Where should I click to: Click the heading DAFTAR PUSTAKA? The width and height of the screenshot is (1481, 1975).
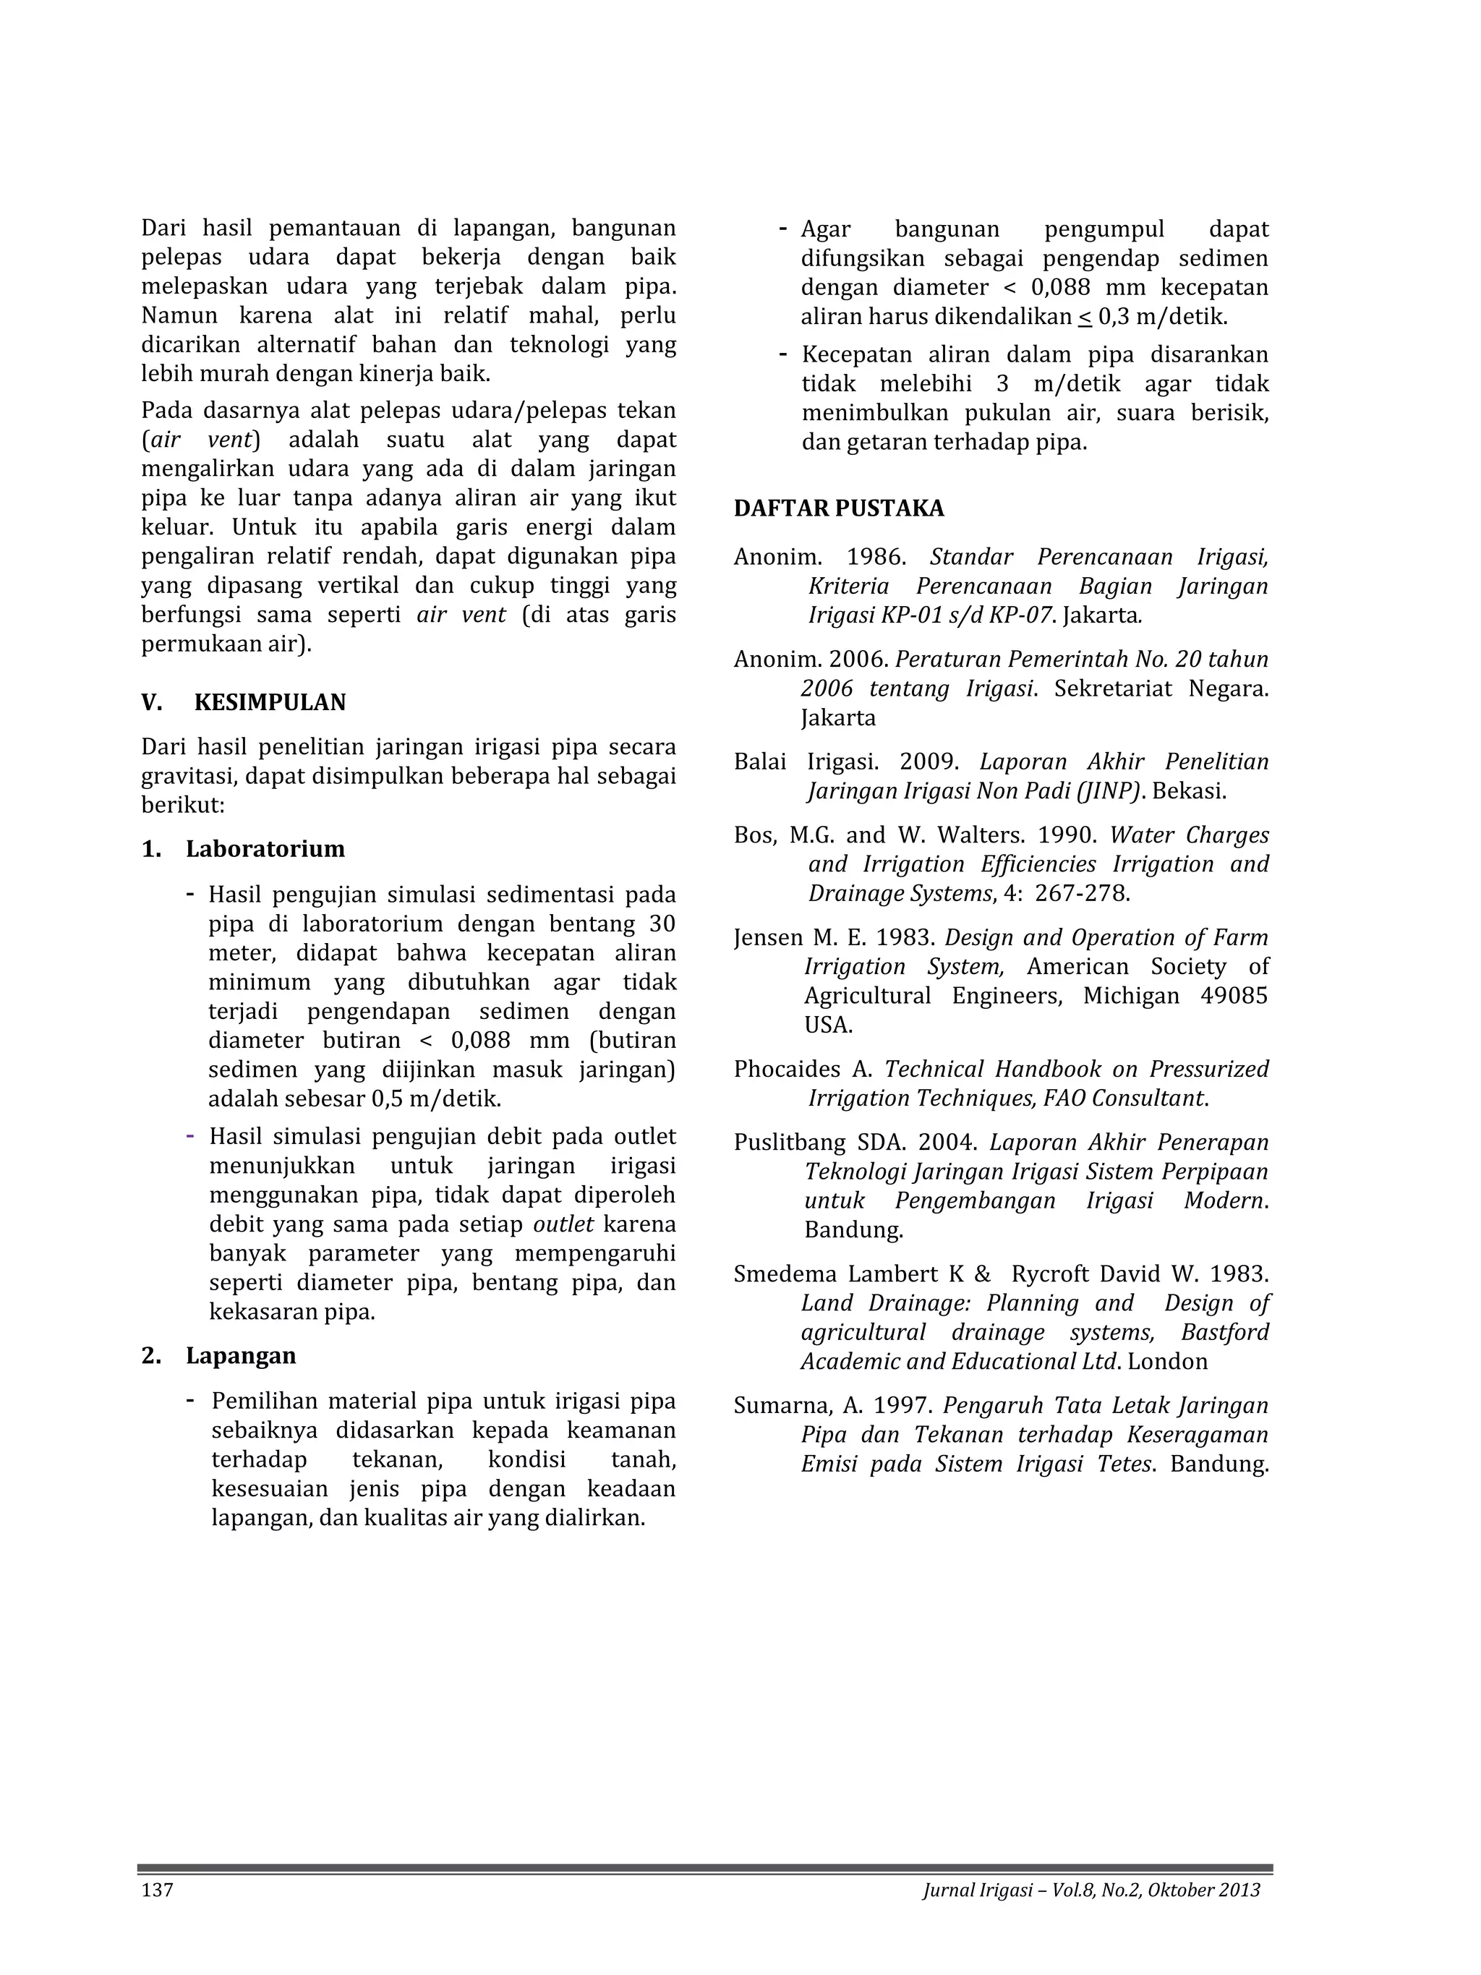tap(838, 509)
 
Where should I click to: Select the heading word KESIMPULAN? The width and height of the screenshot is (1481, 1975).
tap(270, 703)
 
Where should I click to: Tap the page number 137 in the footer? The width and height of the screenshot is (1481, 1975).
tap(157, 1890)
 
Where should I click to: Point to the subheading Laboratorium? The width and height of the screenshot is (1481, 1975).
tap(265, 849)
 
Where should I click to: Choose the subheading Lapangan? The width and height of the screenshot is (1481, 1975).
tap(241, 1356)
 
